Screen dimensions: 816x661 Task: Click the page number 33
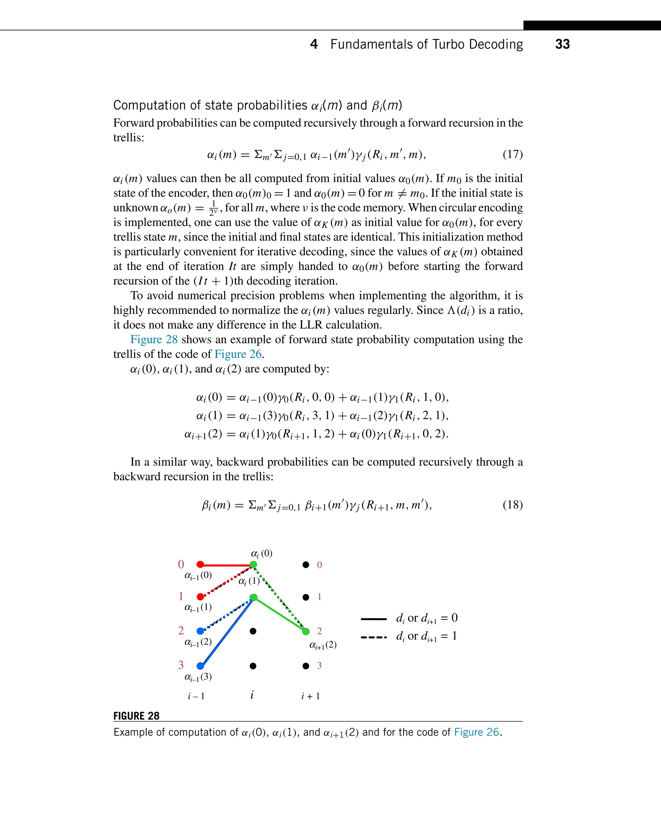[x=562, y=44]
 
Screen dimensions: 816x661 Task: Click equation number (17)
[x=513, y=154]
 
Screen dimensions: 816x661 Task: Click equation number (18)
[x=513, y=505]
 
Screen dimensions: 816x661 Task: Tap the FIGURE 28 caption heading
[x=136, y=716]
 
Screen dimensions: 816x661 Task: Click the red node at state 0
[x=200, y=564]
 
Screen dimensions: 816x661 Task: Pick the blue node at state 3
[x=200, y=666]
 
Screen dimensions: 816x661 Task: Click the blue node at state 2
[x=200, y=631]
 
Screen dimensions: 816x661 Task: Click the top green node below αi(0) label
[x=253, y=565]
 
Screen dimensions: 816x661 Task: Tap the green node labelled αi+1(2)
[x=306, y=632]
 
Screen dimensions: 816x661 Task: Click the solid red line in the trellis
[x=227, y=565]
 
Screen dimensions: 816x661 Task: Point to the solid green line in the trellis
[x=280, y=614]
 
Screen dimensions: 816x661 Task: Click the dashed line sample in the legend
[x=373, y=637]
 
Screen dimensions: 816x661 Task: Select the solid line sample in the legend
[x=373, y=619]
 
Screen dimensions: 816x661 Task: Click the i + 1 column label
[x=310, y=696]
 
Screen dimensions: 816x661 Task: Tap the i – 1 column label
[x=196, y=696]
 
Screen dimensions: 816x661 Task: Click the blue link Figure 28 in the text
[x=154, y=340]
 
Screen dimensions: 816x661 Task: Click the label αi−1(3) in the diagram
[x=198, y=677]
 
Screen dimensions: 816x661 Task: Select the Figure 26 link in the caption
[x=476, y=732]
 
